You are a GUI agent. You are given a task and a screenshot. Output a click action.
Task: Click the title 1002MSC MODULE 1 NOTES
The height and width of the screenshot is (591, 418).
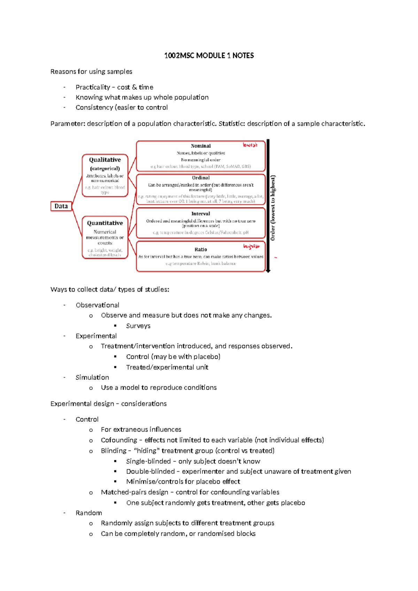click(x=209, y=56)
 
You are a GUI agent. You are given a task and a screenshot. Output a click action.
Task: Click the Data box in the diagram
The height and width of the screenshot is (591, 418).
click(x=61, y=206)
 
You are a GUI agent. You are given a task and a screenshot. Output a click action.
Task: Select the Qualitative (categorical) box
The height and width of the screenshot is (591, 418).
click(x=105, y=175)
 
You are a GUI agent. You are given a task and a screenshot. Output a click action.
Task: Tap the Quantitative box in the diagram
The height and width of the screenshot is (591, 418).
click(x=105, y=237)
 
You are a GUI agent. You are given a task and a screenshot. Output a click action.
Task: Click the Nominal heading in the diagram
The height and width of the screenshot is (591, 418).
click(x=201, y=146)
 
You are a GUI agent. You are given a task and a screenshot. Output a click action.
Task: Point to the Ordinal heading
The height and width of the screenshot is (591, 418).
click(x=201, y=178)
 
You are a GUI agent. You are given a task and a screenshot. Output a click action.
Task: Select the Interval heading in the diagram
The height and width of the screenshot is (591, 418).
click(x=201, y=214)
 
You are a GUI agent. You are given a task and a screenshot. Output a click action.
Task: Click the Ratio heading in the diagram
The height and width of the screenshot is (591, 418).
click(x=201, y=250)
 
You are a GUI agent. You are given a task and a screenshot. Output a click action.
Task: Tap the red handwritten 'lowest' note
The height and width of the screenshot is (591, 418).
click(x=250, y=145)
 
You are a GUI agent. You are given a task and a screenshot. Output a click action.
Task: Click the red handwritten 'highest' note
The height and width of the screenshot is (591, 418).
click(x=251, y=246)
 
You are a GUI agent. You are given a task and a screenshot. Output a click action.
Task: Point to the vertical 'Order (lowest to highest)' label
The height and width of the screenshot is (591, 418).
click(x=273, y=208)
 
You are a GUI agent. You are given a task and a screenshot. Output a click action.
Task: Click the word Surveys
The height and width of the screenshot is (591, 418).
click(x=138, y=326)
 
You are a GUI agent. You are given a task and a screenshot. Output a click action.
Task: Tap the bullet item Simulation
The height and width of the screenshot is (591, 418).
click(x=92, y=377)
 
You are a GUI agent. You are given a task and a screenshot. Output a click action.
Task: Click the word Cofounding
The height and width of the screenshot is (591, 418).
click(x=119, y=440)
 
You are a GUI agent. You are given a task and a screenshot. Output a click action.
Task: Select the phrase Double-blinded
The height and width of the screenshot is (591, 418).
click(x=150, y=471)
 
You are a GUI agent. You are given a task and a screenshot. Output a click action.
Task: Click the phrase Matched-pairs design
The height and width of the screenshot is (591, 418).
click(x=134, y=492)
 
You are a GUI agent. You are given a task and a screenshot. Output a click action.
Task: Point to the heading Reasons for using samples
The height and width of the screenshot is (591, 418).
click(x=91, y=72)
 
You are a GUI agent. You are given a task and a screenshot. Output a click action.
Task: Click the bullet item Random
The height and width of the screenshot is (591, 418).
click(x=89, y=513)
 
